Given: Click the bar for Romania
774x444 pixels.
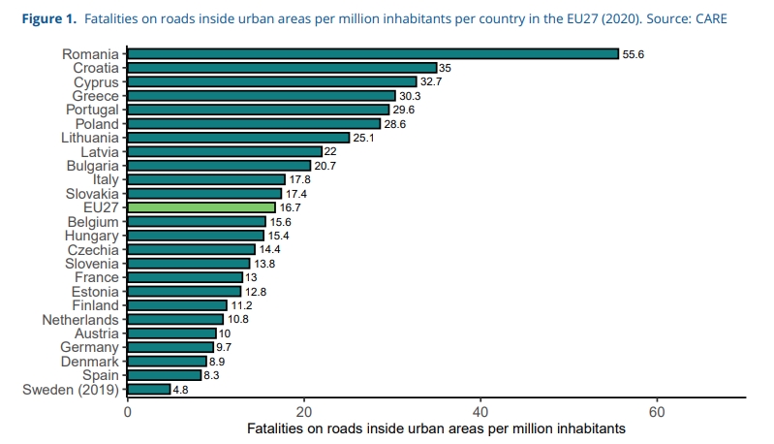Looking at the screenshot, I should click(x=373, y=54).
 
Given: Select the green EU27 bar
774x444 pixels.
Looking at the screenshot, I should click(x=201, y=207).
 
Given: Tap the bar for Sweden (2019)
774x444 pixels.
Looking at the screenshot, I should click(x=149, y=389).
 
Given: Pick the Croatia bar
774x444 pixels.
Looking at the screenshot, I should click(x=282, y=68).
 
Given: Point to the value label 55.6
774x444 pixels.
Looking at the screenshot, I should click(x=634, y=54).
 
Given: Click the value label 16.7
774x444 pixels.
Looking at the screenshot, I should click(x=291, y=207).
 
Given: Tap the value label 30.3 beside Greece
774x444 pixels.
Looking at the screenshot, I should click(x=411, y=96).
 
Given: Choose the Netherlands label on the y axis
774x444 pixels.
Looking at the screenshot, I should click(x=80, y=319).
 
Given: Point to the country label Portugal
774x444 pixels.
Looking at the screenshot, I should click(x=92, y=110).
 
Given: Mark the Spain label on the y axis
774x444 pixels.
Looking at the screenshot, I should click(x=100, y=375).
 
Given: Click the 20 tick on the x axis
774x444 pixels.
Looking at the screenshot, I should click(x=304, y=410).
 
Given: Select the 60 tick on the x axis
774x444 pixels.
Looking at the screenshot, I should click(x=657, y=410).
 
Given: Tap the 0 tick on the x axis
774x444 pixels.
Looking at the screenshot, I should click(x=128, y=410).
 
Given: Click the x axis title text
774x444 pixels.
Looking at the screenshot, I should click(x=436, y=428).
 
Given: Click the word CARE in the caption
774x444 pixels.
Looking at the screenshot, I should click(x=706, y=18).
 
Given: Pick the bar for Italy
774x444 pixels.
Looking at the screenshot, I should click(x=206, y=179).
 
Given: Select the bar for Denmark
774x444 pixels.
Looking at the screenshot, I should click(x=167, y=361).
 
